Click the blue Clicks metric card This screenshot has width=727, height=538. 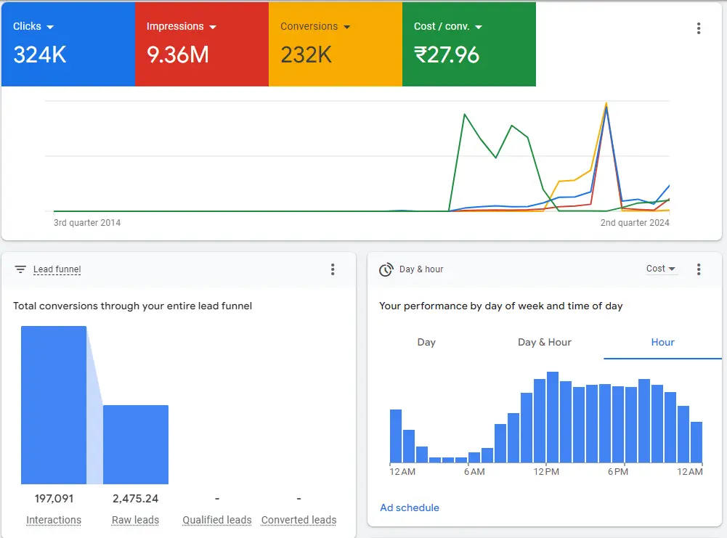(x=68, y=44)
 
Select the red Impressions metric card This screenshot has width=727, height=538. (x=201, y=44)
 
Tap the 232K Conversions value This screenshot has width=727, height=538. (x=306, y=55)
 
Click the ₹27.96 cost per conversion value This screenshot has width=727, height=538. (x=447, y=55)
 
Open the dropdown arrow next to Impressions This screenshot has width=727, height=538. (x=213, y=27)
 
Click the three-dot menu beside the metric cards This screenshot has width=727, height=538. (x=699, y=28)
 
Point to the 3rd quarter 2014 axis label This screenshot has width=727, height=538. (x=87, y=223)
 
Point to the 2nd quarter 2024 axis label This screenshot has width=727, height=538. (x=635, y=223)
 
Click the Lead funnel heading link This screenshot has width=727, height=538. (x=57, y=269)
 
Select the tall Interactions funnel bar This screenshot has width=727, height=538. (x=54, y=404)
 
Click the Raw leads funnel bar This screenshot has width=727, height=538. (x=136, y=444)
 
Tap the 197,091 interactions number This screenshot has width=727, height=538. (x=54, y=499)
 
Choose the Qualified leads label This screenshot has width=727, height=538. (x=217, y=520)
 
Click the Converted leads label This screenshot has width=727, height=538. (x=298, y=520)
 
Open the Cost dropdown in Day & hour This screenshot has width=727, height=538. (x=661, y=269)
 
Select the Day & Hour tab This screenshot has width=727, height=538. (x=545, y=342)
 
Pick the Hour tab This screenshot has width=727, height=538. (x=663, y=342)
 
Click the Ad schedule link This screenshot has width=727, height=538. (x=410, y=508)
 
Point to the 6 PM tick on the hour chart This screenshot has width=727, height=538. (x=617, y=472)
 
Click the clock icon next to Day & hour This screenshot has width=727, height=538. (x=386, y=269)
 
